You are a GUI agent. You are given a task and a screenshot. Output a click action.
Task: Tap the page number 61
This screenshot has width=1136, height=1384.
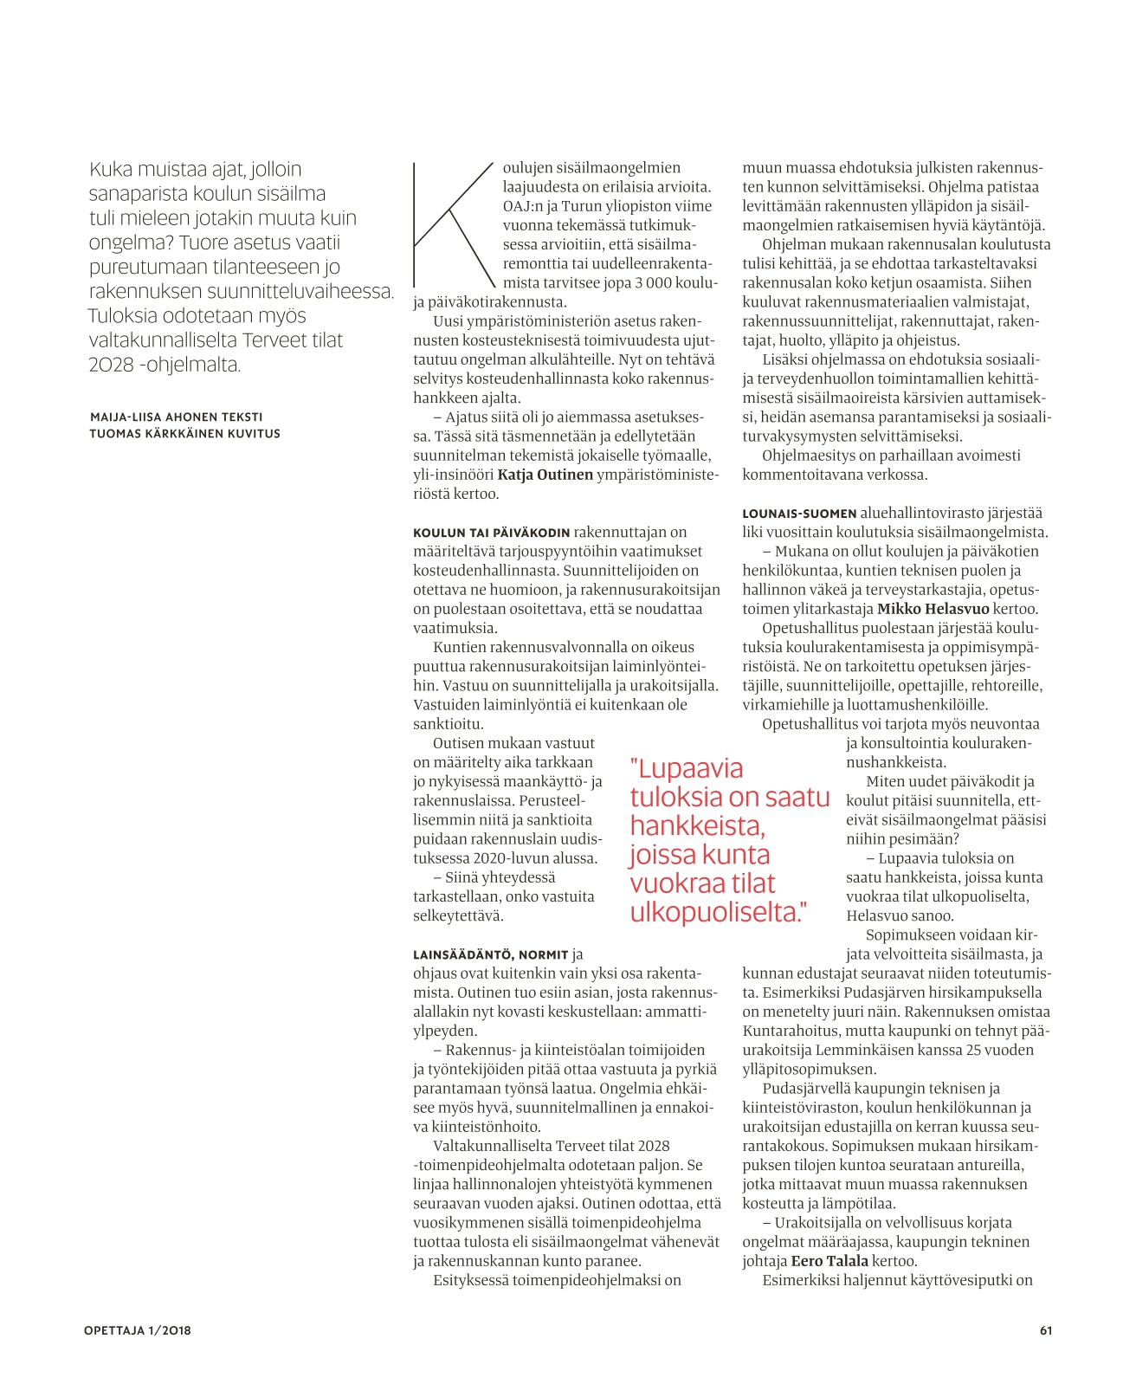(x=1046, y=1330)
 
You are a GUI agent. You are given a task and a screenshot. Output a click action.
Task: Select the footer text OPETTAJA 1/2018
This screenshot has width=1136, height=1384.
(x=138, y=1330)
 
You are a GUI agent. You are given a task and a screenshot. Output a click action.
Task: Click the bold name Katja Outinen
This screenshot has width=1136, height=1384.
(x=545, y=475)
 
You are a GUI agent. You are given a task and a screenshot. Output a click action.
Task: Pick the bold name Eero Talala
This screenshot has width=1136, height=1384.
(x=829, y=1261)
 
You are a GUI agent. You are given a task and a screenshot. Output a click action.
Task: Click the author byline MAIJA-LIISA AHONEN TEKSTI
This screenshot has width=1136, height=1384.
(x=176, y=417)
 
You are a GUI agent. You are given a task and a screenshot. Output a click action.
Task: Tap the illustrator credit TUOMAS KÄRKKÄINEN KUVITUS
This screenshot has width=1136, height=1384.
(x=184, y=433)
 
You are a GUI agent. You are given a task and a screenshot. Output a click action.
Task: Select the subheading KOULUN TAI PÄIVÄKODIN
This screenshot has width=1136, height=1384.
(x=491, y=533)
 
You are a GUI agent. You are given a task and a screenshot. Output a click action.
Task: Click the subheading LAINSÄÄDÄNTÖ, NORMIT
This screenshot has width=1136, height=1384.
(x=490, y=954)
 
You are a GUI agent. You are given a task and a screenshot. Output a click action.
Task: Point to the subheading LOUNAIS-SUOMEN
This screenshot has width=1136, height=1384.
(x=799, y=514)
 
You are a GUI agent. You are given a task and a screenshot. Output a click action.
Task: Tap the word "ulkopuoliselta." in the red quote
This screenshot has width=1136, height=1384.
(x=718, y=912)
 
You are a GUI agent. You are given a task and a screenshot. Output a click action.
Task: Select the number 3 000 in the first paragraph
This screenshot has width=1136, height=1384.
(x=654, y=283)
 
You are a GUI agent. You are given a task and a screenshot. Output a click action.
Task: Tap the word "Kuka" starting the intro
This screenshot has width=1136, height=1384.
(x=111, y=170)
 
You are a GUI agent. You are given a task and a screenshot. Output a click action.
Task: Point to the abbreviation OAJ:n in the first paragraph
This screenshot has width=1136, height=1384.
(x=522, y=206)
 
